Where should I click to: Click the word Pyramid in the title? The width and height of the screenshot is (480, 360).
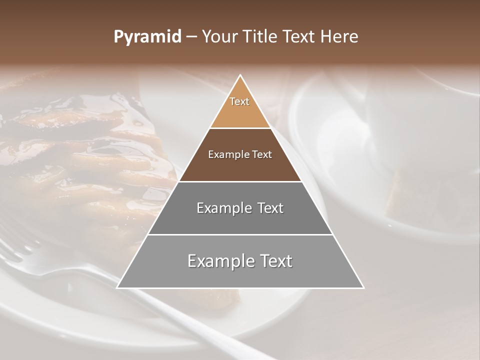147,37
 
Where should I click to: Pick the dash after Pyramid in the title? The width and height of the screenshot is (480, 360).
191,37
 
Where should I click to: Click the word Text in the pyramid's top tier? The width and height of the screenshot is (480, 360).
239,101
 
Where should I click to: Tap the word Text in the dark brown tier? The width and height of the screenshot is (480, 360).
261,155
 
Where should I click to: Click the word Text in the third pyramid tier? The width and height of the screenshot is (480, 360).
267,208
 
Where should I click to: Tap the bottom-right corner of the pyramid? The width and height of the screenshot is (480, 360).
363,287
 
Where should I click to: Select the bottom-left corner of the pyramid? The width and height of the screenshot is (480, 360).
117,287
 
